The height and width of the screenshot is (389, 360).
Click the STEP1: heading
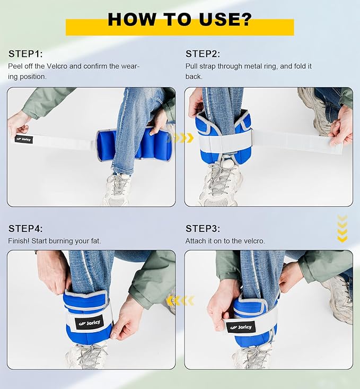(25, 54)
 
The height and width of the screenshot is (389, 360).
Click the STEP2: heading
(203, 54)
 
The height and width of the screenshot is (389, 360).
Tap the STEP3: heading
(203, 229)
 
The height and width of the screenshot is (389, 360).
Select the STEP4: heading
(25, 229)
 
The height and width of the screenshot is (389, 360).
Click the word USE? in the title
(225, 19)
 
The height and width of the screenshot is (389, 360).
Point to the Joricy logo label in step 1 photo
(24, 139)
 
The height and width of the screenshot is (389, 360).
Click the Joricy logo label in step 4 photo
(90, 323)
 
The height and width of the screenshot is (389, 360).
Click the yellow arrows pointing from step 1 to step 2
(183, 137)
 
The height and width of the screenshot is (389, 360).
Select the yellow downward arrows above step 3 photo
(343, 229)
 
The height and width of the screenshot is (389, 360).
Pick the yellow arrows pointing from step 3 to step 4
(180, 301)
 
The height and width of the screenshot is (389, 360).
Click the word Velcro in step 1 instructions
(57, 66)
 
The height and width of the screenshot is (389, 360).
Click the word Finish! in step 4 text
(19, 241)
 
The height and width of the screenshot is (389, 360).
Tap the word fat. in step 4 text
(95, 241)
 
